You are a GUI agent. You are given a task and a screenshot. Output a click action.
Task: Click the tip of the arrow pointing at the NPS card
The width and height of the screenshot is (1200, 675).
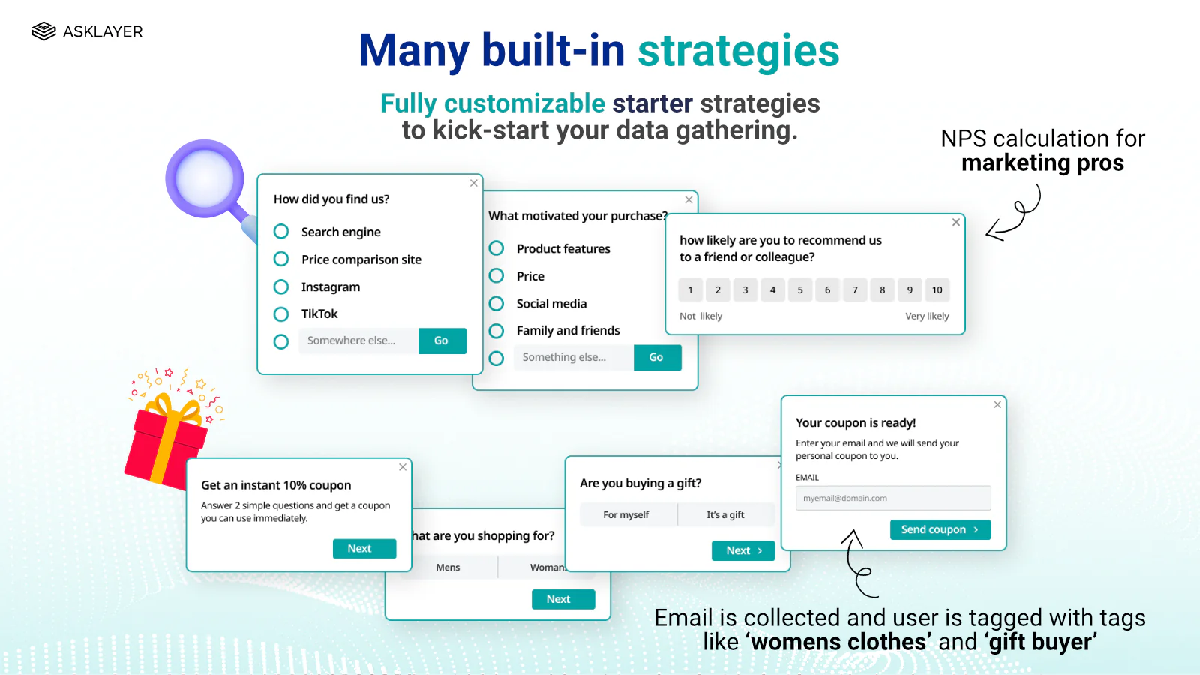[x=987, y=233]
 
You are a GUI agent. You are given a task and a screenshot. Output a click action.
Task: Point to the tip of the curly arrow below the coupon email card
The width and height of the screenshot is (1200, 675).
[x=853, y=531]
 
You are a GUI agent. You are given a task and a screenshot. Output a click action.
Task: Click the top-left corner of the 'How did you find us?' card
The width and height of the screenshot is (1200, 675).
[x=258, y=174]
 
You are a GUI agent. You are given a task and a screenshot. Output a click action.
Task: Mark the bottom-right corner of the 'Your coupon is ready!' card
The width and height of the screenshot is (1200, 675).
[x=1006, y=550]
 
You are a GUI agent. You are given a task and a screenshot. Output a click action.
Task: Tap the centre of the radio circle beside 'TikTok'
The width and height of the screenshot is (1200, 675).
[x=281, y=314]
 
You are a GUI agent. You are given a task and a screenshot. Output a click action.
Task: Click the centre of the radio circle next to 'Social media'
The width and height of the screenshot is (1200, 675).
[x=496, y=303]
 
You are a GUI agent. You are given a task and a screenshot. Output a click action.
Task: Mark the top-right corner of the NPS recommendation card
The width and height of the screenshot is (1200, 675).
[x=965, y=214]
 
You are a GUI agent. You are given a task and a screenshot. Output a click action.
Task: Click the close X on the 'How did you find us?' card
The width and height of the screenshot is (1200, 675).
[x=473, y=183]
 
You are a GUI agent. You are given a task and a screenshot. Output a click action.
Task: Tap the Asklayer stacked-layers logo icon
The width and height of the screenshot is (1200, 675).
[x=44, y=31]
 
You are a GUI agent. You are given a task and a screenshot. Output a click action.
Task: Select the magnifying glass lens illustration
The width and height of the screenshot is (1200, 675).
[x=205, y=179]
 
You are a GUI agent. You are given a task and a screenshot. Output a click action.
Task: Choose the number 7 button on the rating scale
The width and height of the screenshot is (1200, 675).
[x=855, y=289]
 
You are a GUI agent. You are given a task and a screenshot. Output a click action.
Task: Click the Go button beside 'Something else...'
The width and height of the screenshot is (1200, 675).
[x=657, y=357]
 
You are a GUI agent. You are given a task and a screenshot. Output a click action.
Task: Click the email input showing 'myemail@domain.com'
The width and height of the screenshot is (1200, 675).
[x=893, y=498]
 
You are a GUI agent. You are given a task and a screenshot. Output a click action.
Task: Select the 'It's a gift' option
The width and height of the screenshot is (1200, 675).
[x=725, y=514]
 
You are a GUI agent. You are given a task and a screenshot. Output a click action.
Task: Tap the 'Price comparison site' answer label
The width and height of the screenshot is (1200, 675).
[x=361, y=259]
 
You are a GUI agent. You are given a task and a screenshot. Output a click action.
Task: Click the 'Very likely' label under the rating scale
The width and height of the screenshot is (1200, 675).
[x=927, y=316]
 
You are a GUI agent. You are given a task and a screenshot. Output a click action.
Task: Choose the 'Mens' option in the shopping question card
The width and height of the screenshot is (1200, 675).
[x=448, y=567]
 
